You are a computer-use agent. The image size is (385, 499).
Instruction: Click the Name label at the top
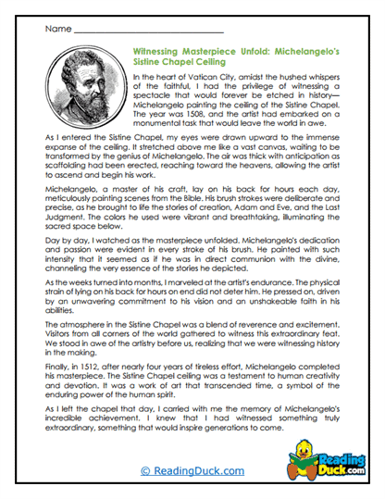point(54,30)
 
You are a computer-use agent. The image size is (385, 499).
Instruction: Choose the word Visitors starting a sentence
point(56,373)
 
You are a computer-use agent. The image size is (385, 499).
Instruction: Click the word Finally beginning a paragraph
point(57,406)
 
